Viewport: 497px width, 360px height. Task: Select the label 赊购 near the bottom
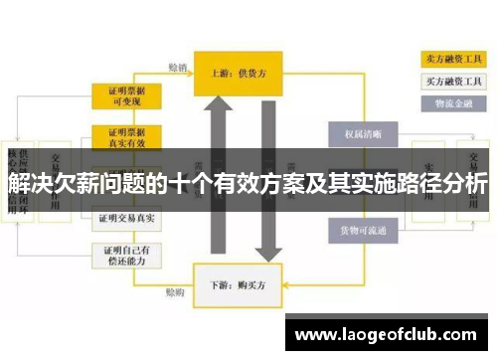[176, 294]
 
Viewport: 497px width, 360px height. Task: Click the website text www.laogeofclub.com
[390, 335]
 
